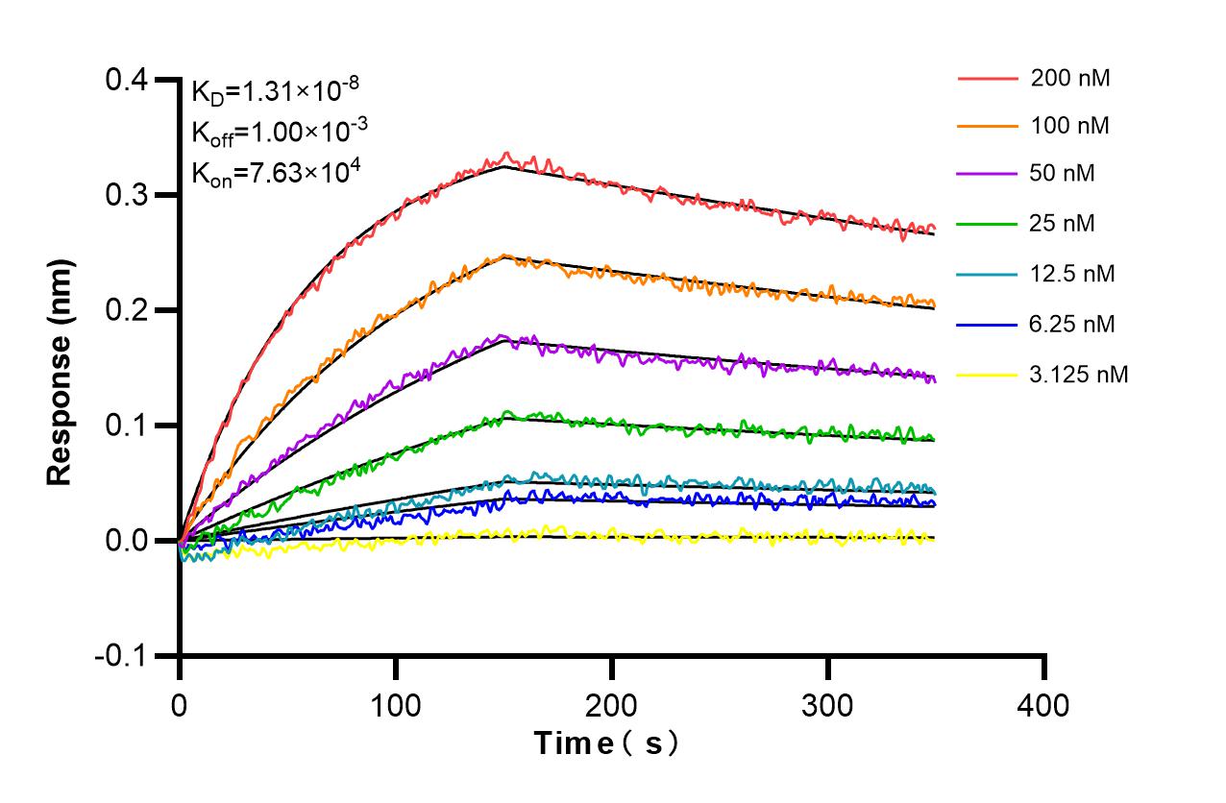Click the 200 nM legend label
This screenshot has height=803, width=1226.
point(1070,79)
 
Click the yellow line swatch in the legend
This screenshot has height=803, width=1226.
point(988,374)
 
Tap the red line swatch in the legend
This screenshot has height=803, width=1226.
point(988,79)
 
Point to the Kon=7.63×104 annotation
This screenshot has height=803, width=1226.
point(275,173)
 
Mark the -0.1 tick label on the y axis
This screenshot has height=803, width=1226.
point(121,656)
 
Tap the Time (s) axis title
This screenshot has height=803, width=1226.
point(607,743)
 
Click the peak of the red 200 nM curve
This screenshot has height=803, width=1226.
point(507,154)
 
